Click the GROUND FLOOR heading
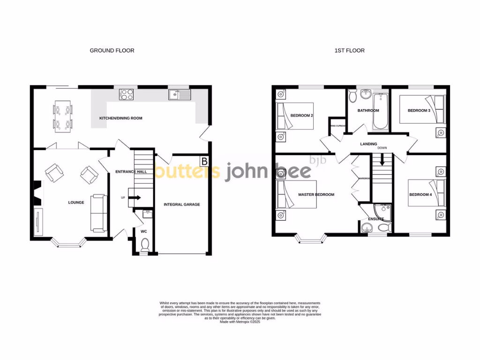[x=112, y=50]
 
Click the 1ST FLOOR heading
[x=349, y=50]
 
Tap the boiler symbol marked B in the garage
[x=204, y=162]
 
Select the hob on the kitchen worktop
[x=127, y=95]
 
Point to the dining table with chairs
[x=62, y=115]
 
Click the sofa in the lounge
[x=98, y=213]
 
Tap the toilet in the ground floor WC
[x=145, y=245]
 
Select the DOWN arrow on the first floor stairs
[x=382, y=160]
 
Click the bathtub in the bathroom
[x=379, y=112]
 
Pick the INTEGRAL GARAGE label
[x=181, y=204]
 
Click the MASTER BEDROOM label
[x=316, y=195]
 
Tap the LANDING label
[x=368, y=144]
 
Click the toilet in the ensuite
[x=383, y=228]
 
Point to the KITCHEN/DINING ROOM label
[x=120, y=118]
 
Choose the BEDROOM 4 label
[x=420, y=195]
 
